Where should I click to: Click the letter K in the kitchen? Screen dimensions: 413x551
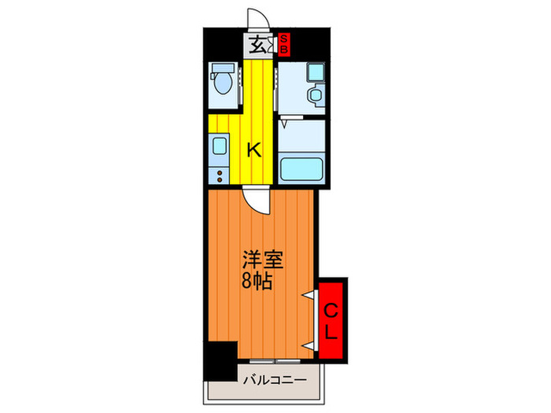click(x=254, y=149)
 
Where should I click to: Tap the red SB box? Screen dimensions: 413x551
click(x=284, y=44)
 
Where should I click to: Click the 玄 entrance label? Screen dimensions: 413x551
click(x=257, y=45)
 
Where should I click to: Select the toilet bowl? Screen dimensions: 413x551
click(x=223, y=84)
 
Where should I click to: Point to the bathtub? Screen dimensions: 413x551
click(x=300, y=168)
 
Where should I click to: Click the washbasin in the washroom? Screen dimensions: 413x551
click(x=315, y=96)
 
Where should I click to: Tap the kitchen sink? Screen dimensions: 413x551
click(x=218, y=146)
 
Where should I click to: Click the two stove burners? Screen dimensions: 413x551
click(x=218, y=173)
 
